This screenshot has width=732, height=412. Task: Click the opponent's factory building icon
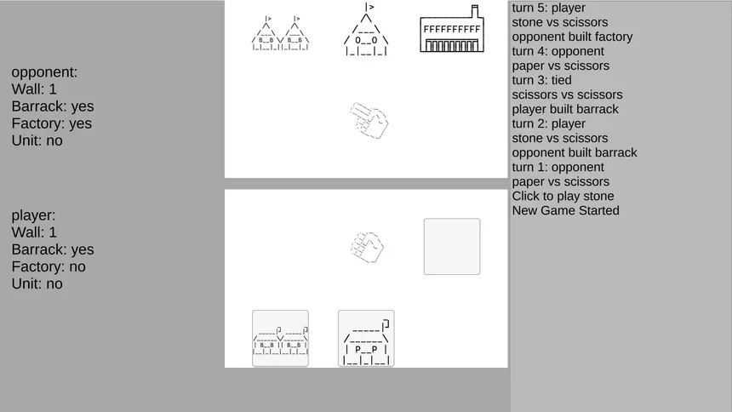452,29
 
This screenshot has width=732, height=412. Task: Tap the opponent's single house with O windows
366,29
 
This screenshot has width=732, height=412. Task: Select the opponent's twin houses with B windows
280,33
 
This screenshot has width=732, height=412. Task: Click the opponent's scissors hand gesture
369,120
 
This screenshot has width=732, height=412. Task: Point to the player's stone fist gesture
368,247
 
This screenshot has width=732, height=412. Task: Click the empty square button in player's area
452,247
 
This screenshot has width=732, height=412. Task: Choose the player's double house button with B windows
280,338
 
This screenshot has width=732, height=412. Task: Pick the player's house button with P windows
366,338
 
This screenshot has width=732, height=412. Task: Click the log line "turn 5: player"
548,8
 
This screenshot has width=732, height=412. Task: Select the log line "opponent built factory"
572,37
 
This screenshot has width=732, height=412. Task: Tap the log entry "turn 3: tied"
541,80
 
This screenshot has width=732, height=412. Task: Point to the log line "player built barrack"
565,109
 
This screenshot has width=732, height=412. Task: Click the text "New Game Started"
566,210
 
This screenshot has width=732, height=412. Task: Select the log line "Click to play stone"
563,196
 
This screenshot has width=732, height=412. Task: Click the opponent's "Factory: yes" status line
52,123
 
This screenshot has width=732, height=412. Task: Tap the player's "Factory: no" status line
49,266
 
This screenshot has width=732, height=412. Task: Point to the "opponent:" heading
45,72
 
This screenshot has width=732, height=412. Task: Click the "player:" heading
33,215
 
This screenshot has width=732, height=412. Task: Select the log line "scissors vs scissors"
567,94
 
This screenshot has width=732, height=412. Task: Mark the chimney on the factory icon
475,11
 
